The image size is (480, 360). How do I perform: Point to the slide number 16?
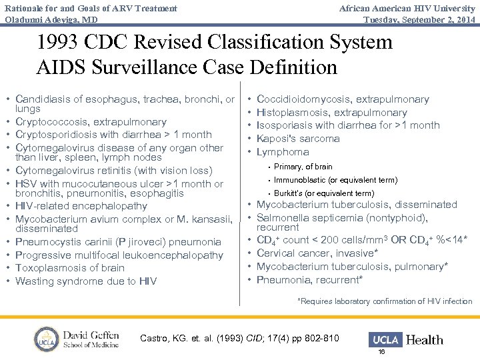[381, 351]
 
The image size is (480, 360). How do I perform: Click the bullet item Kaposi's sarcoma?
[298, 139]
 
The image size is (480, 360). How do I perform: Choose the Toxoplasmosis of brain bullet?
[69, 268]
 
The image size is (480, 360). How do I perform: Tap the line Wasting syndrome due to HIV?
[85, 281]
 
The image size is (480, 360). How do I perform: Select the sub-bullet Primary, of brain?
[303, 167]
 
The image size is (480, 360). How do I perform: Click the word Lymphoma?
[283, 152]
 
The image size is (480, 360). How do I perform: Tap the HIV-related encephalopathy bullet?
[81, 206]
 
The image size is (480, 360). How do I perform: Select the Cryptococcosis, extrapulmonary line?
[91, 122]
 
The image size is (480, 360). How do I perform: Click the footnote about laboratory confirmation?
[385, 301]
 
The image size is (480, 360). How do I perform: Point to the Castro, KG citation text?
[239, 339]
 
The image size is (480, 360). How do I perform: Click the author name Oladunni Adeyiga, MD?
[50, 19]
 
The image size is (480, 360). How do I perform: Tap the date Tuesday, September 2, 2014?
[419, 19]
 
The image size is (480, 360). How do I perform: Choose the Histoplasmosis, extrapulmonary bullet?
[331, 113]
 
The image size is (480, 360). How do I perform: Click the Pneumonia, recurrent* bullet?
[309, 279]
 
